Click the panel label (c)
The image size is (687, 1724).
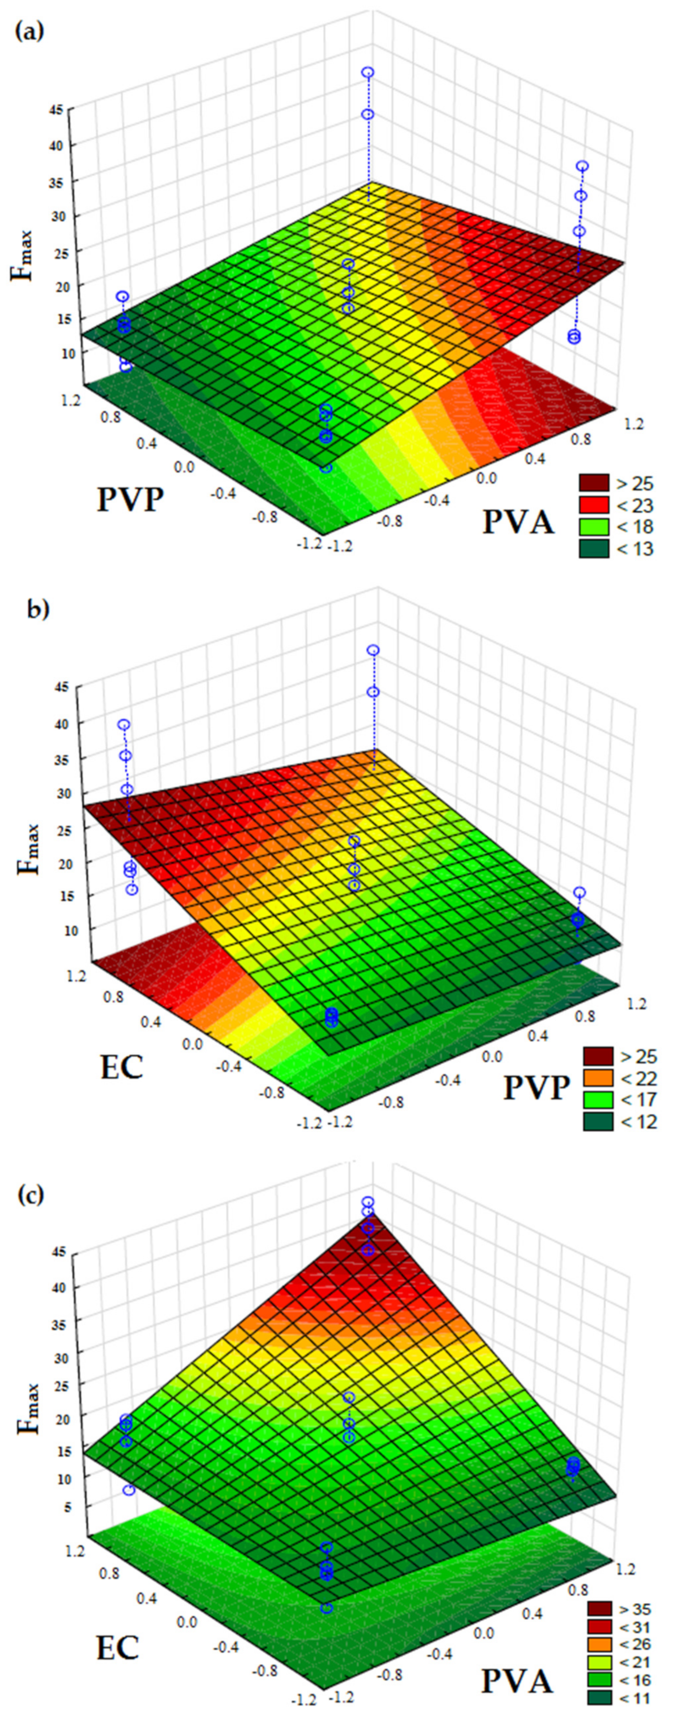[x=29, y=1193]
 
